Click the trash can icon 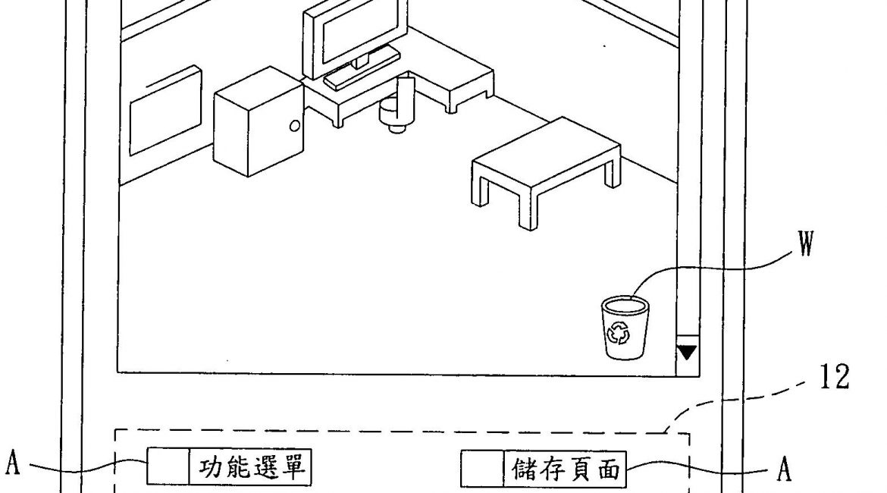click(625, 328)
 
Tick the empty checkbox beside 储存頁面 click(482, 469)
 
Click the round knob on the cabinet click(294, 125)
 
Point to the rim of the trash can click(625, 305)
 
